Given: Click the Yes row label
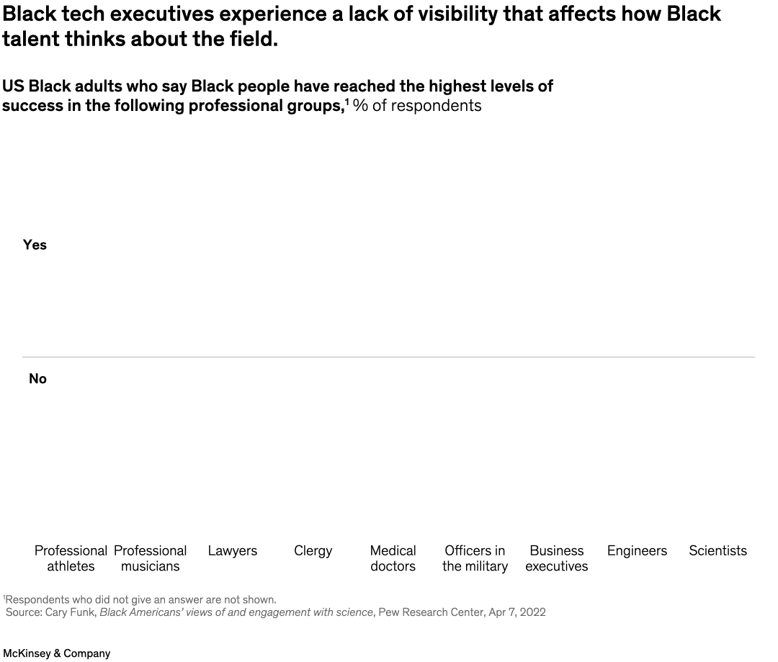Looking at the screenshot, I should point(35,245).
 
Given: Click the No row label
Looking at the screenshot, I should point(37,379).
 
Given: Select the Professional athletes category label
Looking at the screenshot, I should point(71,558).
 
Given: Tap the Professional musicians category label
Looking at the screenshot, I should point(150,558).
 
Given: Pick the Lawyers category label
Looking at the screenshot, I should point(232,551).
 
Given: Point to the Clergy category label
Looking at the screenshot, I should point(313,551).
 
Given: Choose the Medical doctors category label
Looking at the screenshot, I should point(393,558).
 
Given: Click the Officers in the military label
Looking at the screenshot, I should point(475,558).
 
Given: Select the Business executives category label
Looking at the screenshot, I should point(556,558).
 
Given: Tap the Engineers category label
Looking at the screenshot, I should point(637,551).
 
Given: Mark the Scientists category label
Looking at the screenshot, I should point(717,551).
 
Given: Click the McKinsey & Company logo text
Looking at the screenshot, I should point(57,653).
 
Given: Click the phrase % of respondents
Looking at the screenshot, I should point(417,106).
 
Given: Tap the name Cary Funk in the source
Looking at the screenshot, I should point(71,612).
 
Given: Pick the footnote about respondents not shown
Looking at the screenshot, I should point(140,599).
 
